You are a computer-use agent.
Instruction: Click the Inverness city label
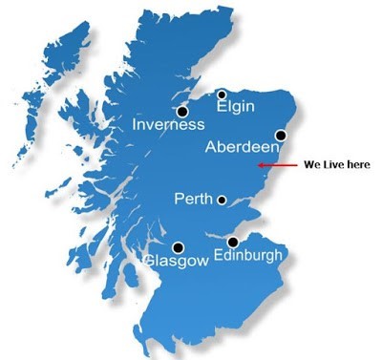(168, 125)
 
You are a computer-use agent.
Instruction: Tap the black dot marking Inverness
(182, 111)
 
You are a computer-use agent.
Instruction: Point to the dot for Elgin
(222, 94)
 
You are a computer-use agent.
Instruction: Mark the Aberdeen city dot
(280, 136)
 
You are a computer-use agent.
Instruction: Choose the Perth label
(194, 200)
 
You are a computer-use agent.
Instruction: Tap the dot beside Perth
(222, 201)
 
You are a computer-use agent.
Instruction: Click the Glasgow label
(175, 261)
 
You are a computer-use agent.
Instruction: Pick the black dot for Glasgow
(178, 247)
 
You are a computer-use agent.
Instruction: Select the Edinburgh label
(247, 256)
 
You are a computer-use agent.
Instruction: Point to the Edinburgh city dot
(233, 243)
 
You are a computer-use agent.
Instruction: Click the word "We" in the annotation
(311, 165)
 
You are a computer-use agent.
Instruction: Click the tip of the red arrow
(260, 165)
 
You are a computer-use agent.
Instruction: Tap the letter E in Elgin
(222, 108)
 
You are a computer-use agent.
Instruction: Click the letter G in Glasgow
(149, 261)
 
